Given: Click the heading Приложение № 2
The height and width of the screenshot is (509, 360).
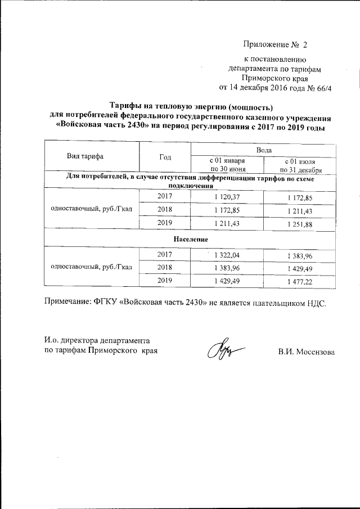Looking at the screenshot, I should tap(276, 44).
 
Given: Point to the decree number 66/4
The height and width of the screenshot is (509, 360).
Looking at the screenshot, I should tap(325, 87).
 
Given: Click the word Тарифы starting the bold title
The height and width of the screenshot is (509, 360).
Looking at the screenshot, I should tap(125, 107).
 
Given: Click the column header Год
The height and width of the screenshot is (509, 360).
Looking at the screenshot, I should tap(165, 157).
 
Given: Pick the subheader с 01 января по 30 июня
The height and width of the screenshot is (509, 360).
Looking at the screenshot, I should tap(227, 165).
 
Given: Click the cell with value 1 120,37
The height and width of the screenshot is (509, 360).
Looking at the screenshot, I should tap(227, 196).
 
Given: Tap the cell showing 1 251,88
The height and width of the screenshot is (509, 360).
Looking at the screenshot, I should tap(301, 223).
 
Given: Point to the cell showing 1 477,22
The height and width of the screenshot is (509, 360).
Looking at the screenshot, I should tap(301, 281).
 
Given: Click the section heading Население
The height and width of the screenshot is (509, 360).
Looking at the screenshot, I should tap(188, 238).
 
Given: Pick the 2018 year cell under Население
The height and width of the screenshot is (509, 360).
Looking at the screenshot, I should tap(165, 267).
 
